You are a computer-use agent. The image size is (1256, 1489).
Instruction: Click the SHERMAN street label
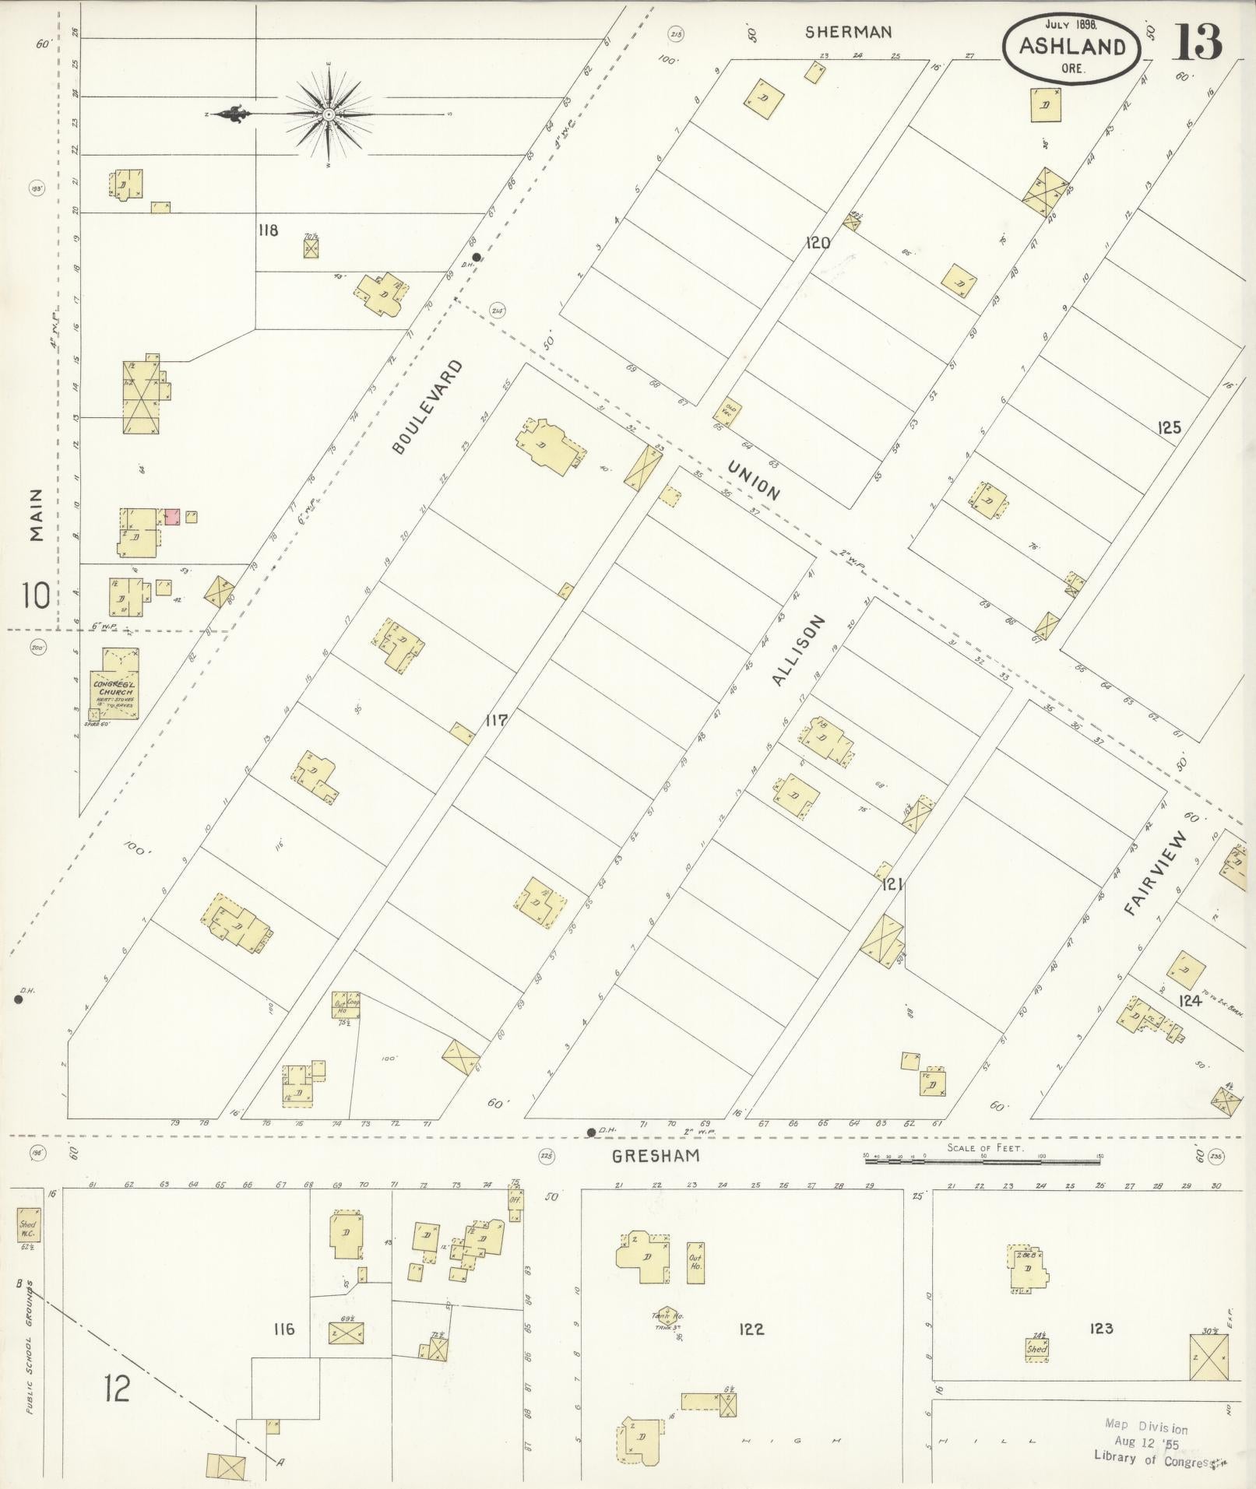click(848, 32)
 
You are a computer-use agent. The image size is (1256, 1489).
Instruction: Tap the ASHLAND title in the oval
click(1071, 47)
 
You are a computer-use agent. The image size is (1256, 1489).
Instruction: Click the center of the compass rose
click(329, 115)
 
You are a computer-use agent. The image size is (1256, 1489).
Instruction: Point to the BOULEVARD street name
click(427, 406)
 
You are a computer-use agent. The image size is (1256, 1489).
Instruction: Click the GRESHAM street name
click(655, 1156)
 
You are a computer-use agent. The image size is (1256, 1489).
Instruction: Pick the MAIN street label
click(36, 514)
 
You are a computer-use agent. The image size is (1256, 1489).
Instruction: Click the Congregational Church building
click(114, 684)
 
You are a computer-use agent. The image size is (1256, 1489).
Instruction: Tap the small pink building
click(172, 517)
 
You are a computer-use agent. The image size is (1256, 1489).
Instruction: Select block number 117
click(496, 721)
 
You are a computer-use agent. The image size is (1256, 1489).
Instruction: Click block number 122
click(752, 1329)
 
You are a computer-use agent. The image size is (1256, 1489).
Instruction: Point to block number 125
click(1169, 427)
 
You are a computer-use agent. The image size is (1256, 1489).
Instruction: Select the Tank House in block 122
click(664, 1317)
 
